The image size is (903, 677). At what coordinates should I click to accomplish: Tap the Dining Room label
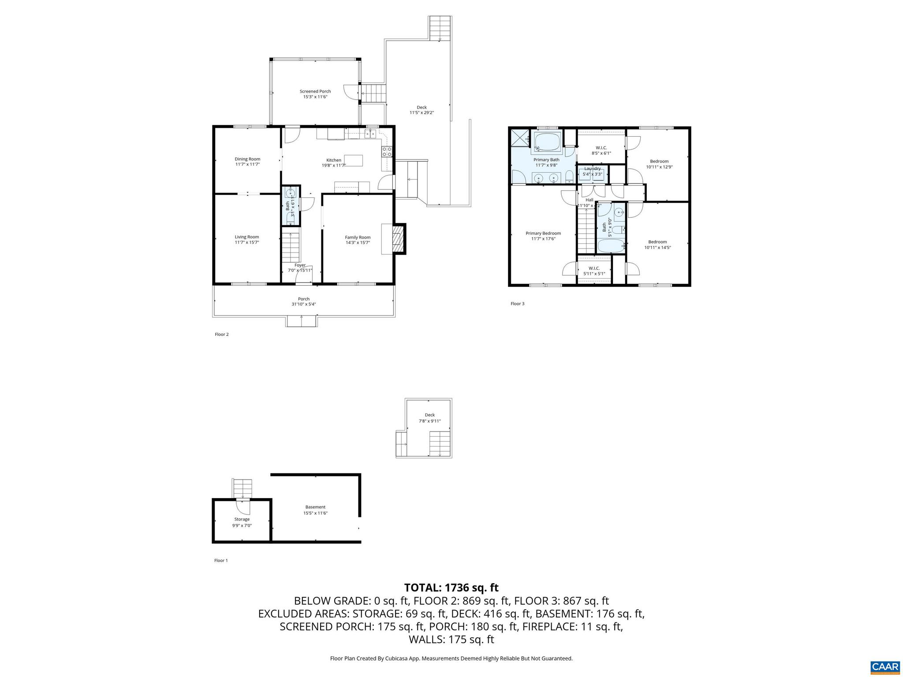click(247, 159)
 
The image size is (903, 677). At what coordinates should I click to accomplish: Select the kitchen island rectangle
click(354, 160)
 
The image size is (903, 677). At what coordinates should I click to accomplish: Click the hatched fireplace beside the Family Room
click(398, 239)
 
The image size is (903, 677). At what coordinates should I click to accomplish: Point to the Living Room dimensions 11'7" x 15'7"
click(247, 243)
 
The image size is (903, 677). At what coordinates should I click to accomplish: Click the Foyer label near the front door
click(300, 265)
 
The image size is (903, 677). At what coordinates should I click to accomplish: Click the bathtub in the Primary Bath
click(547, 142)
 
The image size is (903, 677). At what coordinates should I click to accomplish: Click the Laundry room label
click(592, 169)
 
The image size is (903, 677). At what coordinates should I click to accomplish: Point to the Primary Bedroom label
click(543, 234)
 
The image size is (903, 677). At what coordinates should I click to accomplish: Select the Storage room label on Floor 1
click(242, 520)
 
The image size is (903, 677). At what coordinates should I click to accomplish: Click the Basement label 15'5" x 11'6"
click(315, 507)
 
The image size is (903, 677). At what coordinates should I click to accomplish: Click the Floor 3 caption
click(517, 304)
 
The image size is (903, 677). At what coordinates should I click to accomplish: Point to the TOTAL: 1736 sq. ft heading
click(451, 588)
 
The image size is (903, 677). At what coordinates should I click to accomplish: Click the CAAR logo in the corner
click(885, 666)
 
